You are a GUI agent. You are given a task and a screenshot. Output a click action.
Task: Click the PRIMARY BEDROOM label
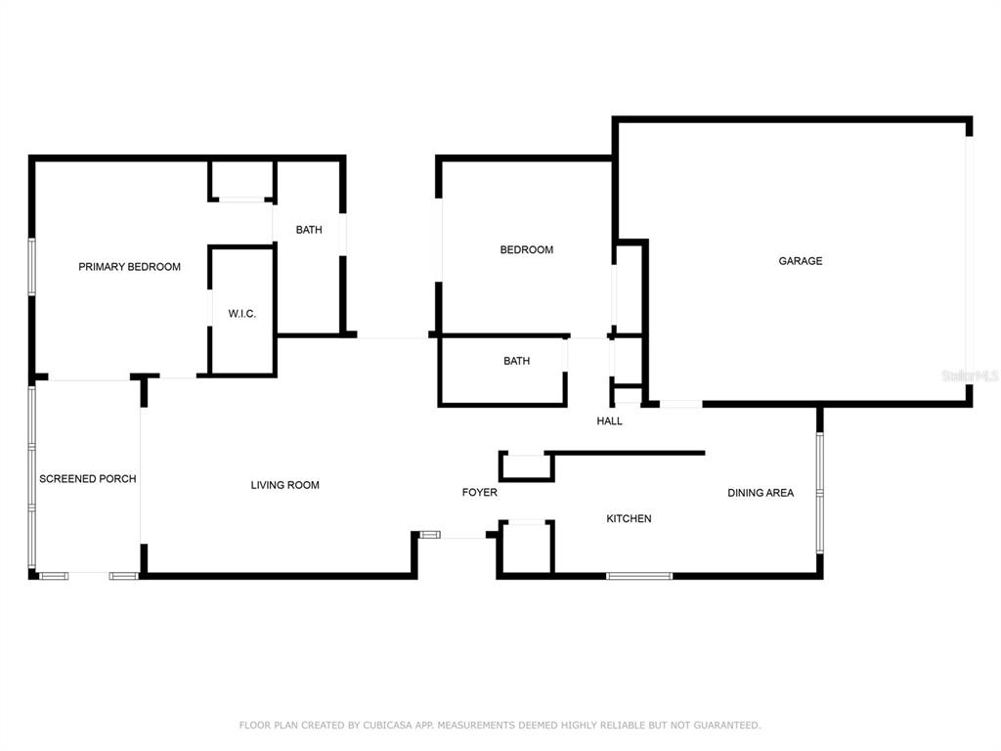click(129, 267)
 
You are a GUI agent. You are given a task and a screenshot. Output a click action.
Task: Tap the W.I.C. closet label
click(242, 314)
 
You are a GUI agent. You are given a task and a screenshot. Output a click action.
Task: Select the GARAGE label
click(801, 260)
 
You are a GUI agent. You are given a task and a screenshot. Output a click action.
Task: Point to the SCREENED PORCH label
click(87, 479)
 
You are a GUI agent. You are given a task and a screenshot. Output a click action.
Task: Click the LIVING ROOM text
click(284, 485)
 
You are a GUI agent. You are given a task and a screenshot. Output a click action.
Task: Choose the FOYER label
click(479, 493)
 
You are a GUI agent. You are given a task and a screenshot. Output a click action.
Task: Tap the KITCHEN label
click(629, 518)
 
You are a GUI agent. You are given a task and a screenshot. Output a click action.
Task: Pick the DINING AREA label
click(761, 493)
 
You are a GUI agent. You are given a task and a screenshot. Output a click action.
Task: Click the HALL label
click(609, 420)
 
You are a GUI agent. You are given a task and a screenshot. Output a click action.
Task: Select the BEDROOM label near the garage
click(527, 249)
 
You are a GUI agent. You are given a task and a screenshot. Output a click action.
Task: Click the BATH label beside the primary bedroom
click(309, 230)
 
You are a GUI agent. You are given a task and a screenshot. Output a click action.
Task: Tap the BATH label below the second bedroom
click(516, 362)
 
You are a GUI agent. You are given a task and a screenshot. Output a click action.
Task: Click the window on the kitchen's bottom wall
click(639, 576)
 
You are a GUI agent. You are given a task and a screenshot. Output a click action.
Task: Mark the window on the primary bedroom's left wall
click(32, 267)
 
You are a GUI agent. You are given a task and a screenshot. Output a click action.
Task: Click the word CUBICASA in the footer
click(388, 726)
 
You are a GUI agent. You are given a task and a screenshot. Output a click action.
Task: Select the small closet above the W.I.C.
click(242, 181)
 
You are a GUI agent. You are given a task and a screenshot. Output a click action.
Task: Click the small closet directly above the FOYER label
click(526, 466)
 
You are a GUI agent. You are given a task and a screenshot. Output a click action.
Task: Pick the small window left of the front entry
click(430, 535)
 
